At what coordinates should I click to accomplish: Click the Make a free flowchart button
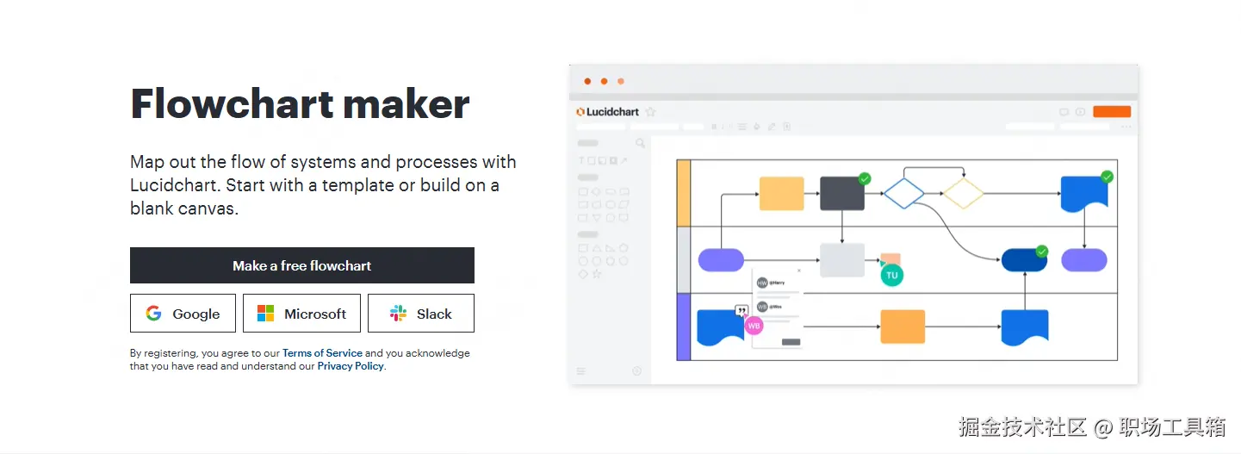coord(301,265)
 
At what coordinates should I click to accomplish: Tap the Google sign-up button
coord(183,314)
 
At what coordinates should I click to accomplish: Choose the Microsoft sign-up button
coord(301,314)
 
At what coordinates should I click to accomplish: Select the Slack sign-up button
coord(420,314)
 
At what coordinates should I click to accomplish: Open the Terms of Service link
coord(322,353)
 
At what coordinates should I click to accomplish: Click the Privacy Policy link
coord(351,366)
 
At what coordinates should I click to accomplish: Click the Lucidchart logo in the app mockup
coord(607,112)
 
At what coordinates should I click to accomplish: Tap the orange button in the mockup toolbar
coord(1111,112)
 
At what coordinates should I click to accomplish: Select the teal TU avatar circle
coord(891,276)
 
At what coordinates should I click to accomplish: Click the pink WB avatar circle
coord(754,326)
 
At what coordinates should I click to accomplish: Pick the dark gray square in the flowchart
coord(841,194)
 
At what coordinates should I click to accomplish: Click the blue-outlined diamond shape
coord(903,194)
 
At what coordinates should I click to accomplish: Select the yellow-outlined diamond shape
coord(963,194)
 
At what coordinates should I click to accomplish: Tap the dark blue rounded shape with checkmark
coord(1024,260)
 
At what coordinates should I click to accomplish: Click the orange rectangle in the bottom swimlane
coord(903,327)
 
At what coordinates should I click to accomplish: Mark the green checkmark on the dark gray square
coord(865,178)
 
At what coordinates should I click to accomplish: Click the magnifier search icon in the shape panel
coord(640,143)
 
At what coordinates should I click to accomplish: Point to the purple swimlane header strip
coord(684,327)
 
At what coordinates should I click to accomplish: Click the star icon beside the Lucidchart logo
coord(651,112)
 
